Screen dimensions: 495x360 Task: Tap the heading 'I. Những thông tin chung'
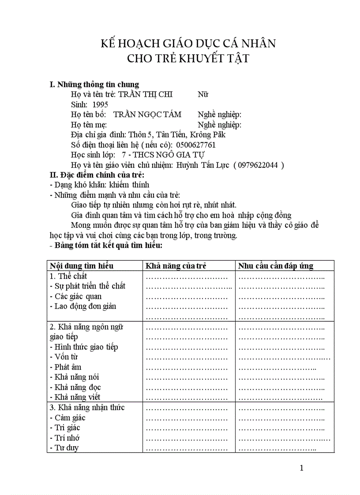click(94, 84)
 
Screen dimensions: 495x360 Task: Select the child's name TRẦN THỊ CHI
click(146, 94)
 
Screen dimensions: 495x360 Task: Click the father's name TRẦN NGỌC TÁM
click(147, 115)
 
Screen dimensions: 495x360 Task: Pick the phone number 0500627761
click(196, 145)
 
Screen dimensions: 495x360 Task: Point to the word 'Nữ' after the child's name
click(203, 94)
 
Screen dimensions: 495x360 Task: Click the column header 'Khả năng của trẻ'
click(176, 266)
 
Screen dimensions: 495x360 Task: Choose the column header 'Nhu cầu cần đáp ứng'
click(276, 266)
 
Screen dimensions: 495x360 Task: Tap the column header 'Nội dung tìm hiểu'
click(82, 266)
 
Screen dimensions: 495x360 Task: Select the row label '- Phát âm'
click(66, 367)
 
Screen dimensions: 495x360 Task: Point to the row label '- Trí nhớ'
click(65, 438)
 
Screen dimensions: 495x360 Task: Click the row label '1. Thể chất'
click(68, 276)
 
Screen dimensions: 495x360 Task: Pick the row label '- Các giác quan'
click(76, 296)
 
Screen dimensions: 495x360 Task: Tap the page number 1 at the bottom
click(301, 468)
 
